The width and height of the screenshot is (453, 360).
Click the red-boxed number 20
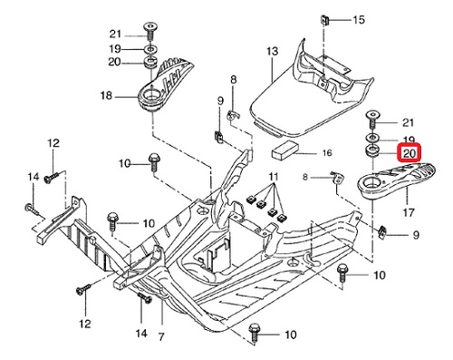pyautogui.click(x=410, y=153)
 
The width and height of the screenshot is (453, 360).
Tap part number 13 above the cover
pyautogui.click(x=272, y=51)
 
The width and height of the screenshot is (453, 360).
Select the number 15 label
pyautogui.click(x=359, y=20)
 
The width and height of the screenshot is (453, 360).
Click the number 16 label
pyautogui.click(x=327, y=153)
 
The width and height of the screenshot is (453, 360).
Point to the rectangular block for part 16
pyautogui.click(x=285, y=150)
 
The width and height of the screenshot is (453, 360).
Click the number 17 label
pyautogui.click(x=409, y=213)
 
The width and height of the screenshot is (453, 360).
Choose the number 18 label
pyautogui.click(x=106, y=96)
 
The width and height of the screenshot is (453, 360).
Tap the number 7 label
pyautogui.click(x=161, y=336)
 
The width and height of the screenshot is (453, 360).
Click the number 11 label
pyautogui.click(x=273, y=176)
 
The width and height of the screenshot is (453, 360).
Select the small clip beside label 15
pyautogui.click(x=324, y=21)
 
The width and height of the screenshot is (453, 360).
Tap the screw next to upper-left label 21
pyautogui.click(x=149, y=31)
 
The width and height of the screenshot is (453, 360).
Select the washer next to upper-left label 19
pyautogui.click(x=150, y=49)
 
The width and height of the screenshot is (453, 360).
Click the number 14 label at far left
pyautogui.click(x=34, y=176)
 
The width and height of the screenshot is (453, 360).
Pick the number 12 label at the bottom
pyautogui.click(x=85, y=324)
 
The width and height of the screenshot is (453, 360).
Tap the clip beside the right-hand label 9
pyautogui.click(x=382, y=232)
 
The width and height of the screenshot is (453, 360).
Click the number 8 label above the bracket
pyautogui.click(x=233, y=80)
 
